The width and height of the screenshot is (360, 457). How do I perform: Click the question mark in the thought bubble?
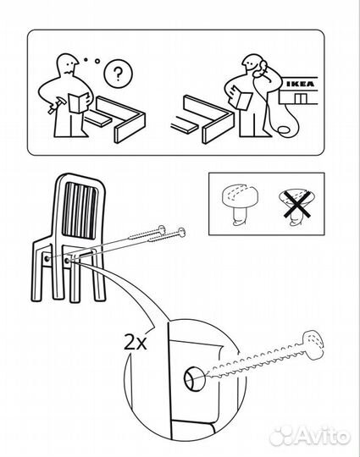coord(118,74)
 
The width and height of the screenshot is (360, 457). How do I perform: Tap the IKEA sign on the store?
coord(300,85)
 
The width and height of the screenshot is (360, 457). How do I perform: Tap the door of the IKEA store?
coord(300,99)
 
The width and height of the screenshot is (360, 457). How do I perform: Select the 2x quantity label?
coord(135,342)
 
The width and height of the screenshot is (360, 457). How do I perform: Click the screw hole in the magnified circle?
coord(193,378)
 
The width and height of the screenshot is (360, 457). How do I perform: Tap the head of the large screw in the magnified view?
coord(314,344)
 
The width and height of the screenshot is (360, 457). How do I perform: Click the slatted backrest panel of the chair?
coord(79,211)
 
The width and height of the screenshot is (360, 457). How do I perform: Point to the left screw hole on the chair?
coord(47,258)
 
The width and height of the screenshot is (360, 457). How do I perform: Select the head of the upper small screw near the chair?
coord(162,229)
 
